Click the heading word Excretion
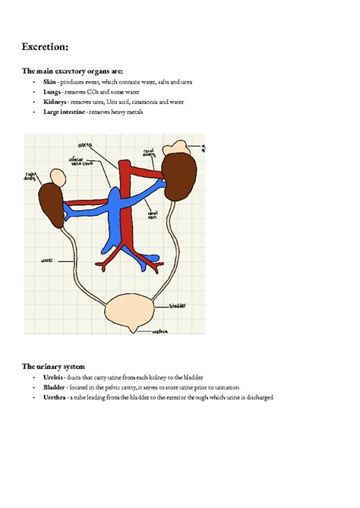[x=45, y=47]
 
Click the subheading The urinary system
[x=58, y=366]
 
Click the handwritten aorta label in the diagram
[x=84, y=144]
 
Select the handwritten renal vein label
[x=153, y=215]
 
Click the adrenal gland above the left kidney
[x=56, y=175]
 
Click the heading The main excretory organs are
[x=71, y=71]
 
